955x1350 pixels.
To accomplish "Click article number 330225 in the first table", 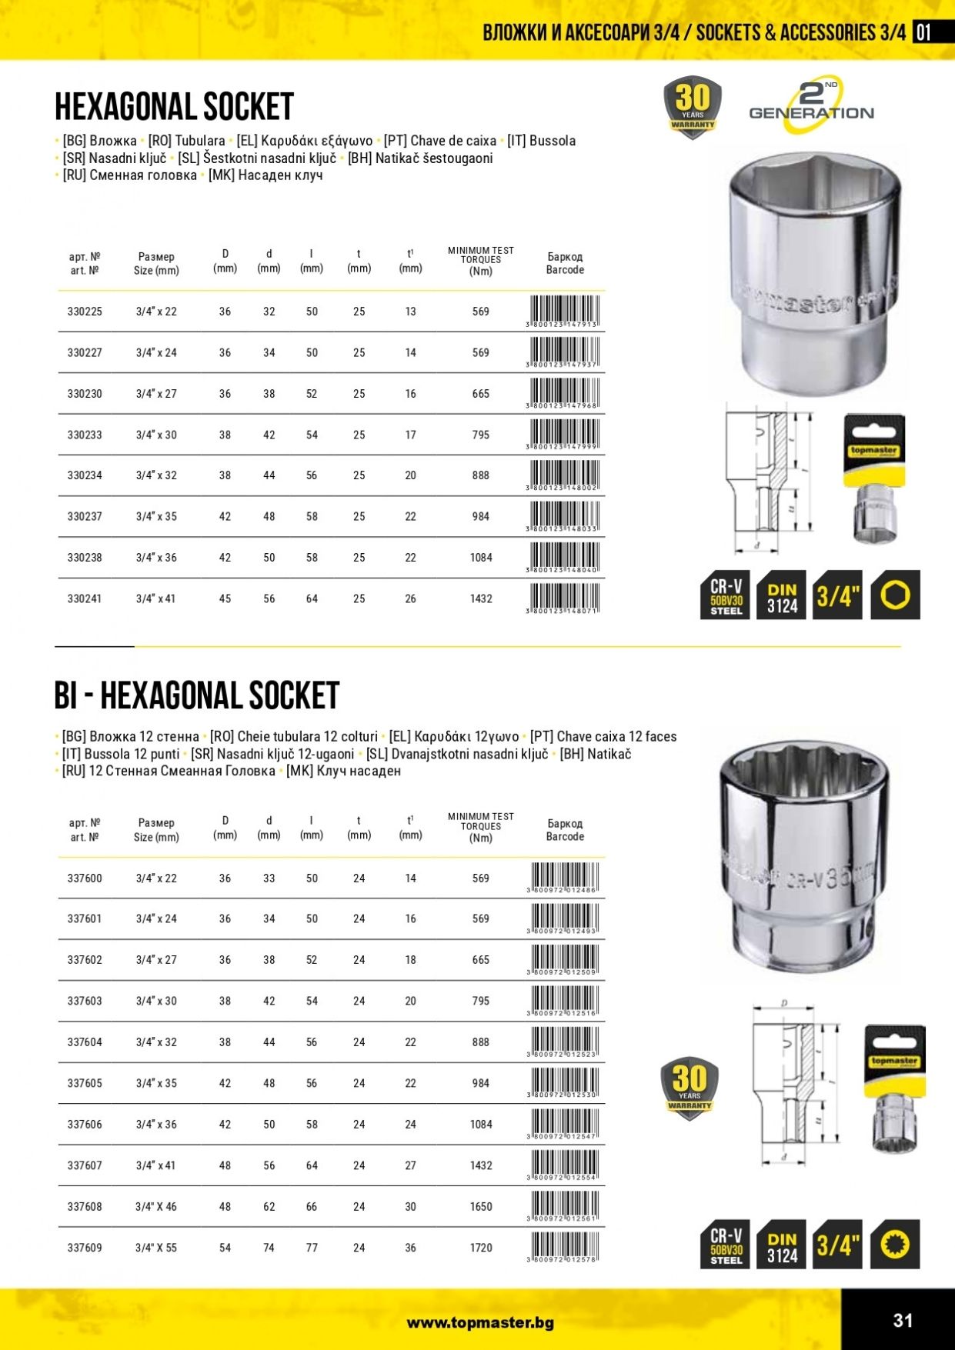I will [x=85, y=312].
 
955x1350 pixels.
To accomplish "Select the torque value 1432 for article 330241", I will [x=481, y=598].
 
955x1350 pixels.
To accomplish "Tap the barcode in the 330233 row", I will [x=564, y=435].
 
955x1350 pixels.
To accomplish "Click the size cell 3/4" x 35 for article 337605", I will [x=156, y=1083].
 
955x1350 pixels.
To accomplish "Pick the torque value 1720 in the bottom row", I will [x=481, y=1248].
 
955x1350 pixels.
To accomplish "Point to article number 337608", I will [x=85, y=1207].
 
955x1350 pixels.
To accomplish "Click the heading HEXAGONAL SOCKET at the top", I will [x=175, y=107].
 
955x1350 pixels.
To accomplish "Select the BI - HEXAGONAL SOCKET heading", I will [x=197, y=695].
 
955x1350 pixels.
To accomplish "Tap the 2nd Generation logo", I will [x=812, y=103].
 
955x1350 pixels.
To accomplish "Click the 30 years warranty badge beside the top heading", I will [x=693, y=107].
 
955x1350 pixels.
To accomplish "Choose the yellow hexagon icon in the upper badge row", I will [x=895, y=595].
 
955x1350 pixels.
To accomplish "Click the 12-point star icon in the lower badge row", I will [x=895, y=1244].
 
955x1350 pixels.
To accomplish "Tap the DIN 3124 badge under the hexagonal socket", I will [x=782, y=595].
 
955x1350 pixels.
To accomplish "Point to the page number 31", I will [x=903, y=1321].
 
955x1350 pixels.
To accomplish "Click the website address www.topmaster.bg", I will [x=480, y=1323].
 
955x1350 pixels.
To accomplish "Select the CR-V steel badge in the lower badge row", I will [x=726, y=1245].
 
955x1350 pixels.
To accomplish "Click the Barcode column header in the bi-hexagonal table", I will [x=565, y=830].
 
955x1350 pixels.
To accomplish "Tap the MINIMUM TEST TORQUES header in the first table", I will [x=481, y=261].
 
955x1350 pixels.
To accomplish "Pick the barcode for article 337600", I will [x=564, y=878].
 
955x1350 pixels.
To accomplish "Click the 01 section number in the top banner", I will [x=923, y=32].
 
